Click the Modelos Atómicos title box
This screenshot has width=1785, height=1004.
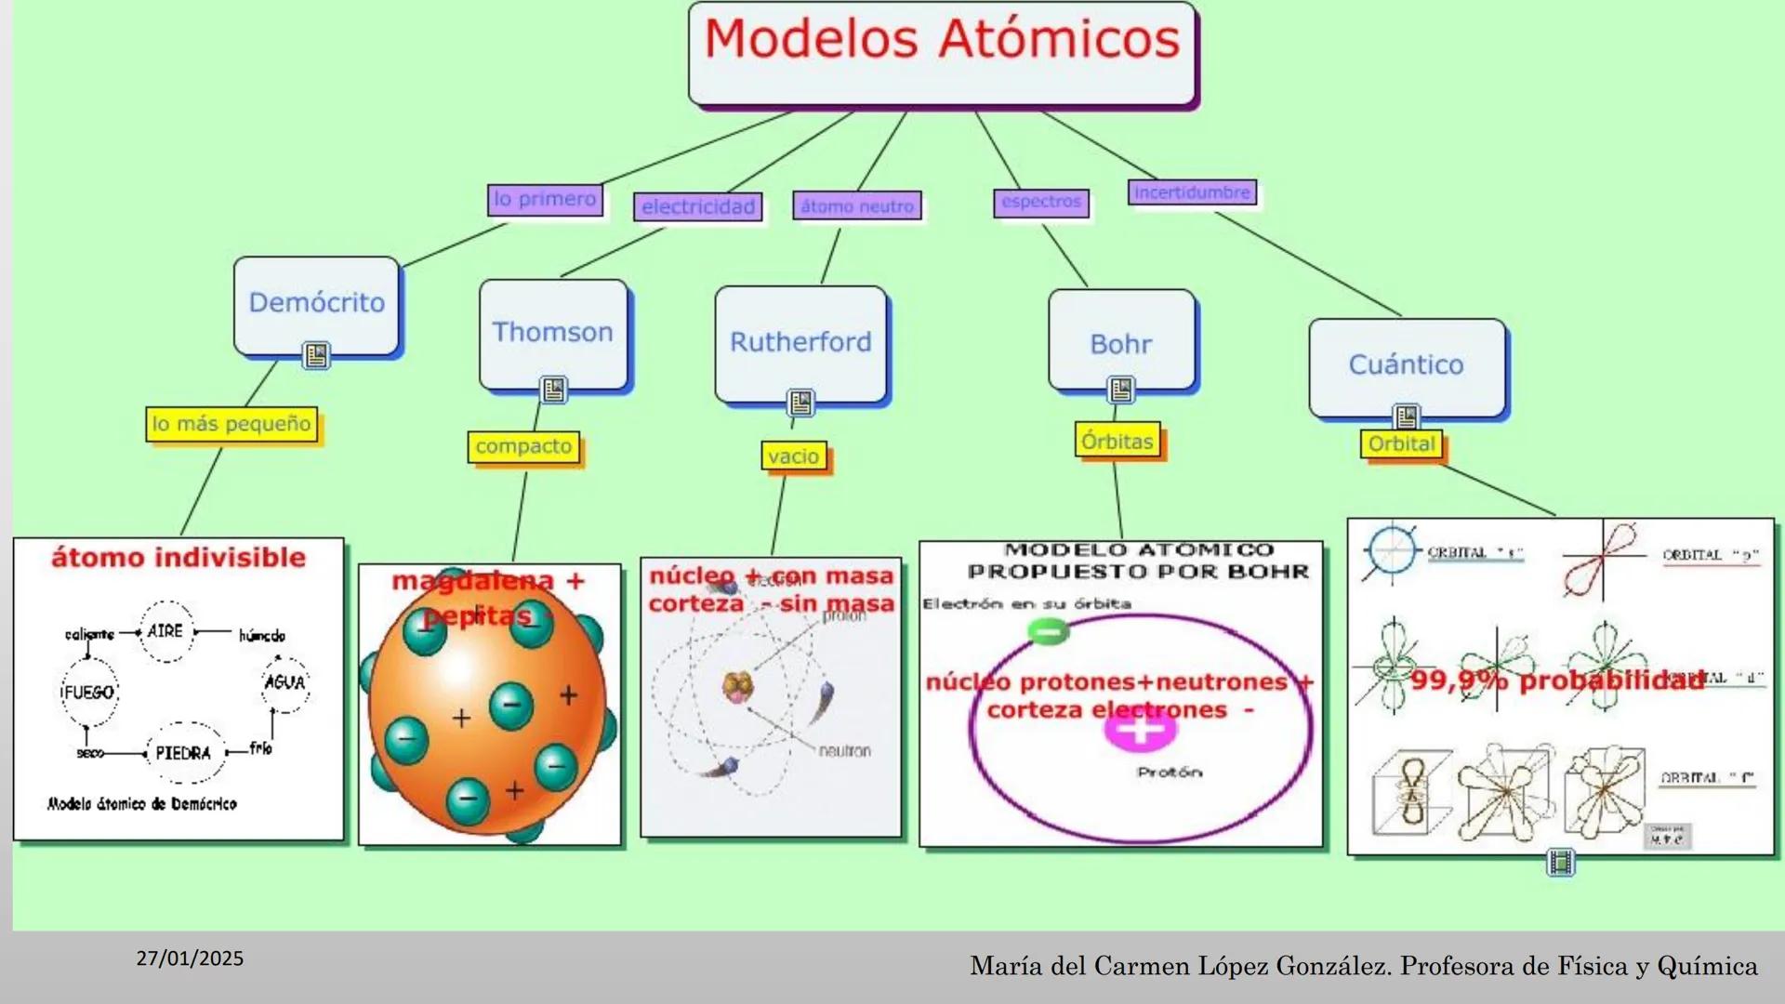tap(942, 54)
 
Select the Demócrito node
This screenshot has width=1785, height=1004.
tap(316, 304)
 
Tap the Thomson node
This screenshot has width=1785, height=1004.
tap(552, 333)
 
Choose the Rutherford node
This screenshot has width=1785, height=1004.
tap(800, 343)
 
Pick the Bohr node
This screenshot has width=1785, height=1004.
tap(1120, 345)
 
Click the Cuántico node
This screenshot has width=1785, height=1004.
tap(1406, 365)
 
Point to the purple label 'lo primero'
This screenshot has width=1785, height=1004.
tap(545, 199)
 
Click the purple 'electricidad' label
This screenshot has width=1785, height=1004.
tap(698, 207)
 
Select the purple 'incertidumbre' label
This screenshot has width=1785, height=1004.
tap(1192, 192)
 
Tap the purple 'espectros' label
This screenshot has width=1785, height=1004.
tap(1041, 202)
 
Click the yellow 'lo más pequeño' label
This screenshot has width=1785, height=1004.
tap(231, 424)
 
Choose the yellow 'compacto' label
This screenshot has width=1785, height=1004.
tap(523, 447)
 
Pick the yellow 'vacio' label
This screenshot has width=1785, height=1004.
tap(793, 456)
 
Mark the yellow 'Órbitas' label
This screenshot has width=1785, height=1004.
tap(1117, 442)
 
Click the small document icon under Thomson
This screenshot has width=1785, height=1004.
tap(554, 390)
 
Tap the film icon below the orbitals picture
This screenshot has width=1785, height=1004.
tap(1560, 863)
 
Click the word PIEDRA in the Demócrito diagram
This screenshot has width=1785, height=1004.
tap(183, 753)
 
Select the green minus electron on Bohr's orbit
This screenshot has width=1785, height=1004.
tap(1048, 632)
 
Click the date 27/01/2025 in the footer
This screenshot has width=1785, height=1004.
tap(190, 958)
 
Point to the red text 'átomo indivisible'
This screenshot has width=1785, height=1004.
tap(178, 558)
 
